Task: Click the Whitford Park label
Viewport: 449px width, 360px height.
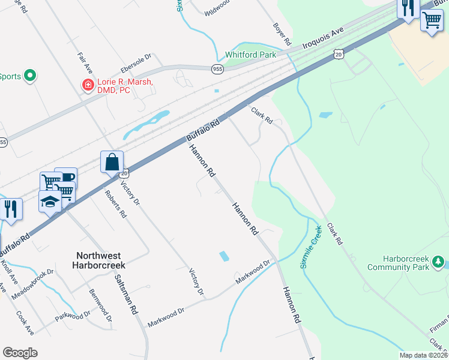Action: click(250, 55)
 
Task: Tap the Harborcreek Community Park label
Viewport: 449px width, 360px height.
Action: click(406, 263)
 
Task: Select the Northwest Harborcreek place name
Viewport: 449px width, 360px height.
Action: click(101, 259)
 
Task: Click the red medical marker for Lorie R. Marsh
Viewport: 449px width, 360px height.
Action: click(88, 85)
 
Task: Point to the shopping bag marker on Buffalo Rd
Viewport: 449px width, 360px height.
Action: click(112, 161)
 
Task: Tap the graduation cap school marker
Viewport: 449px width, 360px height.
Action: click(50, 202)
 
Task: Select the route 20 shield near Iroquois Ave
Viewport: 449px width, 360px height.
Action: click(339, 54)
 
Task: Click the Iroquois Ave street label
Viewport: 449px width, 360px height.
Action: click(322, 37)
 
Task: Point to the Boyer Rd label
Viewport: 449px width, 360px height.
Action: click(282, 35)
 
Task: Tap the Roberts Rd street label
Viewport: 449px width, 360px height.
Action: click(116, 204)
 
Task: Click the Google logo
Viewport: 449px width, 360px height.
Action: click(20, 353)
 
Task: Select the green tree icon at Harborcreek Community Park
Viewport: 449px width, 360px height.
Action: click(438, 263)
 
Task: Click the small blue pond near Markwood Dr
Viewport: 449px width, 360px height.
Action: click(224, 256)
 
